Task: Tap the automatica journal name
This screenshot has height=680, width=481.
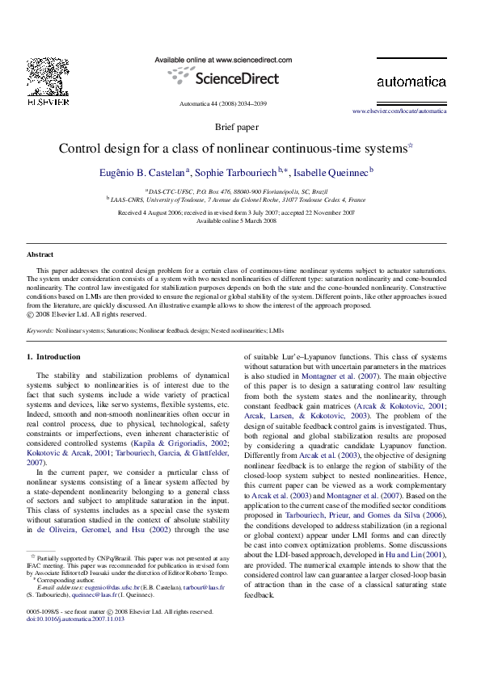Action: click(411, 82)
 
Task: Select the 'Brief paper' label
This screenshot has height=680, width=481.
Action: click(237, 128)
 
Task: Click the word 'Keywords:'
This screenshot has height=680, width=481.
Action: click(40, 330)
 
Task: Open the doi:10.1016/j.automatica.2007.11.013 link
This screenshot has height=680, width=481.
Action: click(76, 619)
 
